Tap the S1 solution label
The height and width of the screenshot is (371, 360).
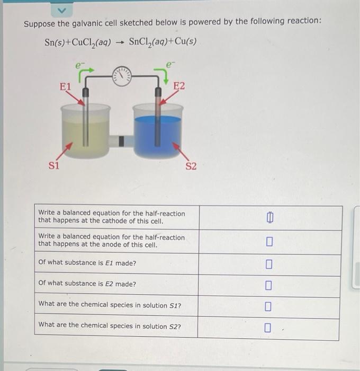click(x=55, y=164)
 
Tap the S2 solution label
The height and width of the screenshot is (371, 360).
click(x=191, y=166)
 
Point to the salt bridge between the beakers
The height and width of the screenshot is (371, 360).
click(x=121, y=140)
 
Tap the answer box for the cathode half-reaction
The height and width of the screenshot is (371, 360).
click(x=269, y=218)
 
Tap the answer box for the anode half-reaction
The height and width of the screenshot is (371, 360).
click(x=269, y=242)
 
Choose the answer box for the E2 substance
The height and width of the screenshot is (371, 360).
click(x=269, y=286)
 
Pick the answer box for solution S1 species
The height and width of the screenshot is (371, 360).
click(x=269, y=306)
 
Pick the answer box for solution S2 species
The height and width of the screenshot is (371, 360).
click(x=269, y=328)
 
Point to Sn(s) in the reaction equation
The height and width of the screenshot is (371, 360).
click(x=56, y=42)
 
